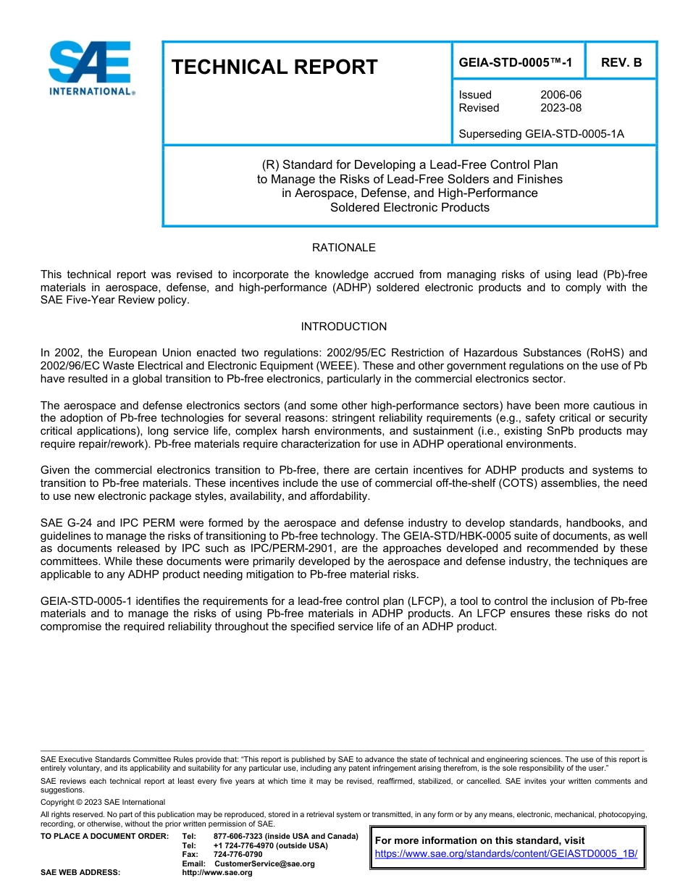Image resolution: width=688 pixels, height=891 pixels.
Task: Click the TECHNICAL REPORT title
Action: coord(274,67)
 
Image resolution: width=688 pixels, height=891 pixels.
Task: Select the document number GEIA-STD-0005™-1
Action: coord(516,63)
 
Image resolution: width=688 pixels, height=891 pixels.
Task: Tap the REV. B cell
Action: coord(621,63)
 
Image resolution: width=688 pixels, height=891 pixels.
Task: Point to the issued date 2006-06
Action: coord(561,95)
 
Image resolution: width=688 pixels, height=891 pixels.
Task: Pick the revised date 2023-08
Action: coord(561,108)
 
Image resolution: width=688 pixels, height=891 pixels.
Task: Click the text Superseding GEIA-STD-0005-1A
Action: coord(541,134)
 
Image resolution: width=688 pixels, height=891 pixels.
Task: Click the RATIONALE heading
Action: coord(343,248)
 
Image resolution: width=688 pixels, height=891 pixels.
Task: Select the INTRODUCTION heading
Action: coord(343,327)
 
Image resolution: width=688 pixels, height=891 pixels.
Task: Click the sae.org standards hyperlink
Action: coord(506,853)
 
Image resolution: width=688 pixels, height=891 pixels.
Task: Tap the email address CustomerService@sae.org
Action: coord(264,863)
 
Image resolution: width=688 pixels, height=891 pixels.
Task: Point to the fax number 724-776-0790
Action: coord(238,855)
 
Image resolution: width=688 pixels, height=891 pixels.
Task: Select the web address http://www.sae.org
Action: coord(217,873)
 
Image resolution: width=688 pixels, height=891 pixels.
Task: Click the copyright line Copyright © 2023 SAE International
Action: coord(103,802)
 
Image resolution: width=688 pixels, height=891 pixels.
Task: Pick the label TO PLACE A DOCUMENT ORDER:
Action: coord(105,837)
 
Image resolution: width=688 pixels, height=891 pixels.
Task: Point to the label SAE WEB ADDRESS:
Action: coord(80,873)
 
